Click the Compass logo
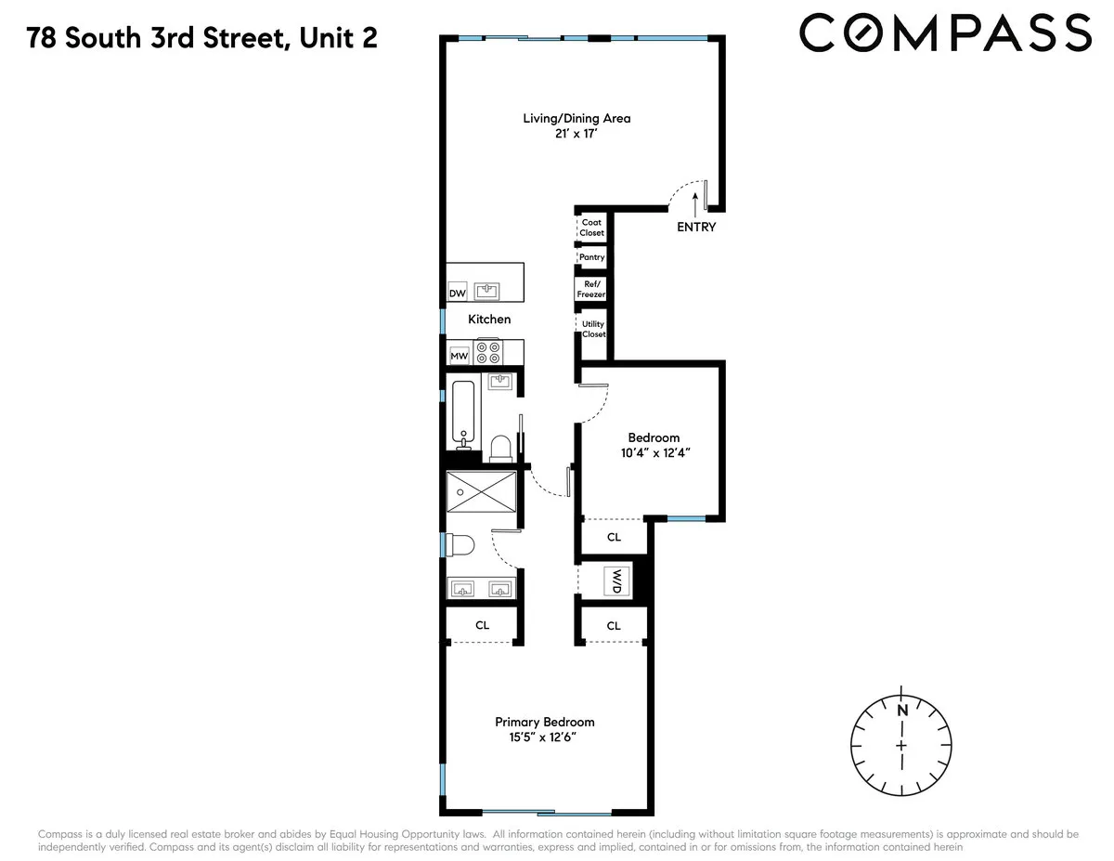pyautogui.click(x=944, y=33)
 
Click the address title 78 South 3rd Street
pyautogui.click(x=202, y=38)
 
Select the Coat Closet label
pyautogui.click(x=591, y=228)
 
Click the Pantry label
pyautogui.click(x=591, y=257)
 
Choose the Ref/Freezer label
pyautogui.click(x=590, y=289)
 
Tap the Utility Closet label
pyautogui.click(x=593, y=329)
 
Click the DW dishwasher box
pyautogui.click(x=457, y=294)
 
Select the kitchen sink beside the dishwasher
pyautogui.click(x=487, y=292)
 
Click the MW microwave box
pyautogui.click(x=458, y=356)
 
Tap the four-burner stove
pyautogui.click(x=487, y=352)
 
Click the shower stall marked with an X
pyautogui.click(x=481, y=490)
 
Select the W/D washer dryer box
pyautogui.click(x=617, y=581)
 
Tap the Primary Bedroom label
pyautogui.click(x=544, y=722)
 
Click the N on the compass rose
pyautogui.click(x=901, y=711)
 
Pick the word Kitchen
pyautogui.click(x=489, y=319)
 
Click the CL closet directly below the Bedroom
pyautogui.click(x=614, y=537)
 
